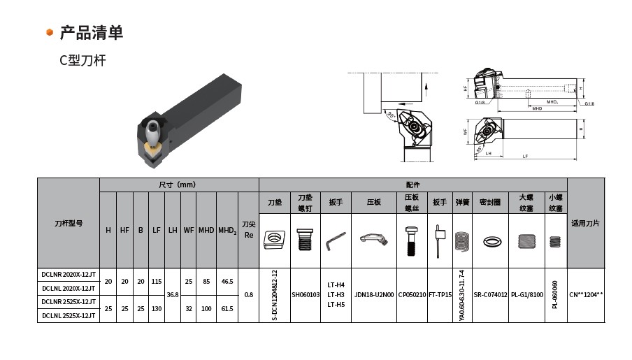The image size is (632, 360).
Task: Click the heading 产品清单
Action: [91, 32]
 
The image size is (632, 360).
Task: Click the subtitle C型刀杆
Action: [82, 61]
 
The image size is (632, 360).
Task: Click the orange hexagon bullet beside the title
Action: [50, 33]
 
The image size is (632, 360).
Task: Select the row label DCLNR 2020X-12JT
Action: [68, 275]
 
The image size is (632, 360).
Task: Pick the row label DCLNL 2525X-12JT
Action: [68, 315]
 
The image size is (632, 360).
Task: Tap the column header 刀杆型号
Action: [68, 223]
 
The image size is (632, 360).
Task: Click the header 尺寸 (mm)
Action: [178, 185]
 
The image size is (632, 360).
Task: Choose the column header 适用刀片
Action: [585, 223]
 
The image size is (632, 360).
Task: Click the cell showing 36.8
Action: [172, 295]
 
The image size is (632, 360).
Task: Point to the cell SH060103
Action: [306, 295]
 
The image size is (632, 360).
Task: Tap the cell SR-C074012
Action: [490, 295]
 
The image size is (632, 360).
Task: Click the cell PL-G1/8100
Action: [526, 295]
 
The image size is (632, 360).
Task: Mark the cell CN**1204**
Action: [585, 295]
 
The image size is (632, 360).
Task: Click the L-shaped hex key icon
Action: [335, 240]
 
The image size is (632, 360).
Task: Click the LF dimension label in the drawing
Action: [525, 156]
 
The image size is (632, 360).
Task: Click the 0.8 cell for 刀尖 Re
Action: [248, 295]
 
